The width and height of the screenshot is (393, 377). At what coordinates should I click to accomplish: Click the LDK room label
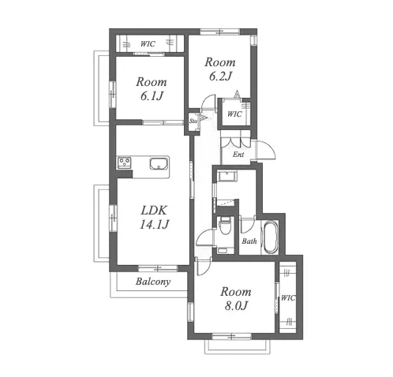coord(154,211)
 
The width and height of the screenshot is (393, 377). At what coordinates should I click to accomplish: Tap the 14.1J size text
coord(154,225)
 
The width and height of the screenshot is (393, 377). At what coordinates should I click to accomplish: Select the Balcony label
coord(153,282)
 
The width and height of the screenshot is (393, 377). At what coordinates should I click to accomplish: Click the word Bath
coord(249,241)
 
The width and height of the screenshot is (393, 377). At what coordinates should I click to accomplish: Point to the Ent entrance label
coord(238,155)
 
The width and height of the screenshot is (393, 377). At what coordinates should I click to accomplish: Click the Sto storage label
coord(193,121)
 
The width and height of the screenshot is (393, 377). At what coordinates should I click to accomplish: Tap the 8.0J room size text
coord(236,306)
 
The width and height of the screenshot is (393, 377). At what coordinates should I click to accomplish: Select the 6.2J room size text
coord(220,77)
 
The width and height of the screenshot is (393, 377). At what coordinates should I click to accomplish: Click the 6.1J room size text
coord(152,96)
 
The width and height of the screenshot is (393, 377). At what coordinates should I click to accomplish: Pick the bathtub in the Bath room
coord(271,237)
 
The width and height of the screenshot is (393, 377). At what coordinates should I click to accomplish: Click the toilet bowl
coord(225,225)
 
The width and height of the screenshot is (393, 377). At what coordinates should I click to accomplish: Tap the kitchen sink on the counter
coord(159,164)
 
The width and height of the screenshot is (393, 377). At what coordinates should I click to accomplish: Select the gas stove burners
coord(124,162)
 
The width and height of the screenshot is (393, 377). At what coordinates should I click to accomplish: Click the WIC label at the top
coord(148,43)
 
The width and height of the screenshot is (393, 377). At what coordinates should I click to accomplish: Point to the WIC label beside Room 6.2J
coord(234,114)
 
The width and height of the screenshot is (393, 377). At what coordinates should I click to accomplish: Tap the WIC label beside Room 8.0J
coord(288,298)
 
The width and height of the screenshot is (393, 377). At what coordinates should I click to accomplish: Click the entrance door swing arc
coord(271,147)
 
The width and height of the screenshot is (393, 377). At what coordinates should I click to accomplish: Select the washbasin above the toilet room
coord(226,176)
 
